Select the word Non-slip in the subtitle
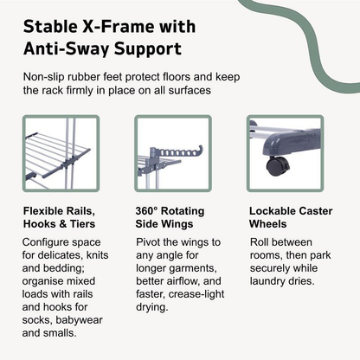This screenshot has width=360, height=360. tap(47, 77)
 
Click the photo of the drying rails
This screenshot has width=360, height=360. tap(61, 153)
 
